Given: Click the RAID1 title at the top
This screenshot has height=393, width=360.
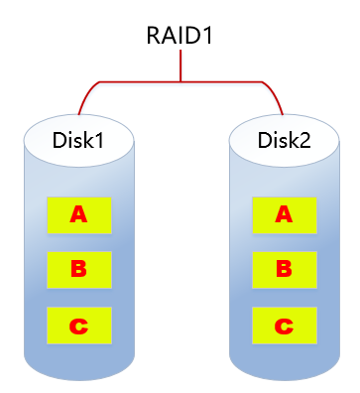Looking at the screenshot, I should tap(180, 38).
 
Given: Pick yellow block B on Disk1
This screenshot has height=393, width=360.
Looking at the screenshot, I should tap(77, 267).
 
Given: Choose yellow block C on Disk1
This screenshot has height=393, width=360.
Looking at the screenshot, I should tap(77, 324).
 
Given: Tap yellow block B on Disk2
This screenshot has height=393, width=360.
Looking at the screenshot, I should tap(284, 267).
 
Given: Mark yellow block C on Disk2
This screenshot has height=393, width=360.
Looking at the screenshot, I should tap(284, 324).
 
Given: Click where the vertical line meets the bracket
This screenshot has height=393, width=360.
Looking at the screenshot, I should tap(180, 80).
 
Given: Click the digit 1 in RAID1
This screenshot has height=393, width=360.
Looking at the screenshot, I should tap(212, 38).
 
